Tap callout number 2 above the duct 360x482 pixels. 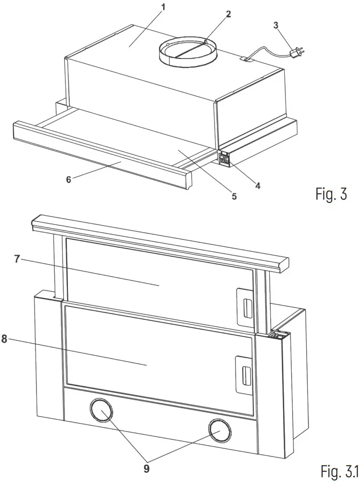(228, 14)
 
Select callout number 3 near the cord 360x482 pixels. (276, 24)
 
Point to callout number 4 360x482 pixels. (257, 185)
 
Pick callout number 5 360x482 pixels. (234, 196)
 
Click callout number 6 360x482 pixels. (68, 179)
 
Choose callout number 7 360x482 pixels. (17, 259)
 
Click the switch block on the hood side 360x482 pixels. (224, 159)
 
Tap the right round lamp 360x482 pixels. (219, 430)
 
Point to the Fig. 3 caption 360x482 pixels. (331, 194)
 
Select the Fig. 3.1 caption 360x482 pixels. (338, 472)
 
